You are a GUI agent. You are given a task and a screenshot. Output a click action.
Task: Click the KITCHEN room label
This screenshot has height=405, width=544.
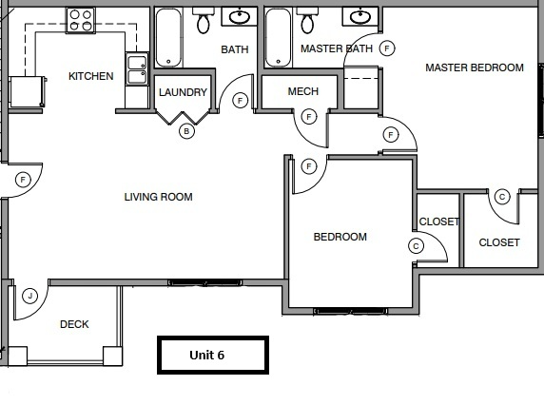click(90, 76)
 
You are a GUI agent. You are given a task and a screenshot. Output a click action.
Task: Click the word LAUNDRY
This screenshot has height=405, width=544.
click(183, 92)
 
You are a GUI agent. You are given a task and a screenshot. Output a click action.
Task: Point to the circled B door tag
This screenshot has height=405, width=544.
click(186, 131)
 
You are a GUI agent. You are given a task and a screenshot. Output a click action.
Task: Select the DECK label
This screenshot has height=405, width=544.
click(74, 324)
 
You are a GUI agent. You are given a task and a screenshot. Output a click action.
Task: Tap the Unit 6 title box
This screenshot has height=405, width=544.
click(212, 355)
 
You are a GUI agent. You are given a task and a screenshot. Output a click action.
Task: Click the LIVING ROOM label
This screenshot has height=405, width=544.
click(158, 198)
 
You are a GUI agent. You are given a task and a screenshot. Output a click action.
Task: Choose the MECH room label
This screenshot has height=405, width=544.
click(302, 92)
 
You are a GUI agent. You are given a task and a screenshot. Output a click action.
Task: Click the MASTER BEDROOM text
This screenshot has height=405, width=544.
click(474, 67)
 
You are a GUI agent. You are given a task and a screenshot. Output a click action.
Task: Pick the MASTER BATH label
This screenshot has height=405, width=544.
click(336, 48)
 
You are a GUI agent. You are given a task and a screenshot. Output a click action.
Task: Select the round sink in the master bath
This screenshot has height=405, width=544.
click(359, 16)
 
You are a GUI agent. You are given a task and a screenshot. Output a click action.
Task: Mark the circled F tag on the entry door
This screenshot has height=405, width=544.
click(23, 179)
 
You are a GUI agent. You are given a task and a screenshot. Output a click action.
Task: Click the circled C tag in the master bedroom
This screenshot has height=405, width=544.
click(502, 197)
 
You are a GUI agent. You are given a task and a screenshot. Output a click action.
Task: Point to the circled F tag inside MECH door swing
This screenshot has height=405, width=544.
click(308, 117)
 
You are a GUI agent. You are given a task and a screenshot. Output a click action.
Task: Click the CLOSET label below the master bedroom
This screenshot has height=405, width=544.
click(498, 242)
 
